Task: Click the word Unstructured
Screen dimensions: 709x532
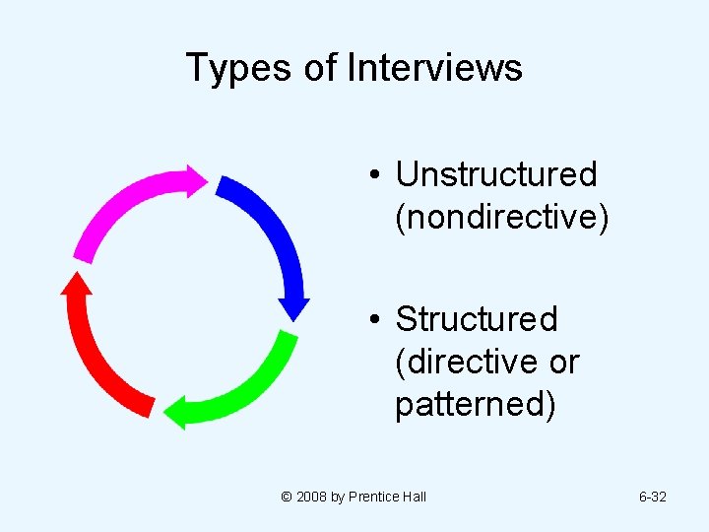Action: (495, 174)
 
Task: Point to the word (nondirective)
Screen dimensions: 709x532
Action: (501, 218)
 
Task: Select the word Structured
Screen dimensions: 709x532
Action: (476, 319)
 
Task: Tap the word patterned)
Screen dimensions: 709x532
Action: (475, 405)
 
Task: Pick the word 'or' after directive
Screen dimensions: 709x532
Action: (564, 363)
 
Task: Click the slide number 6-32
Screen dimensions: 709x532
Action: (652, 497)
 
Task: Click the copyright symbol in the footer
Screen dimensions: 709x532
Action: (287, 497)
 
